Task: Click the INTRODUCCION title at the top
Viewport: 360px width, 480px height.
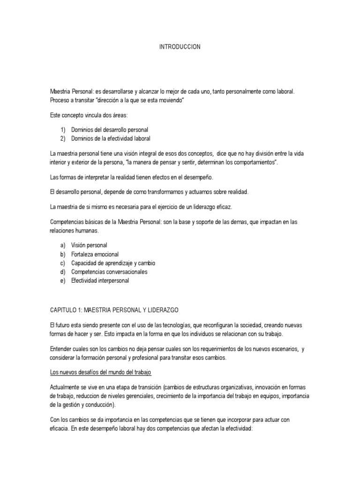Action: [180, 47]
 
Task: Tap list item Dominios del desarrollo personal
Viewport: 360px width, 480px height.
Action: [110, 129]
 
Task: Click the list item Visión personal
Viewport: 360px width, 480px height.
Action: [89, 245]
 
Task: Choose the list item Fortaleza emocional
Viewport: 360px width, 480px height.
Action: [95, 254]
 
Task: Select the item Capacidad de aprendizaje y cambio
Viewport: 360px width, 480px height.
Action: [113, 263]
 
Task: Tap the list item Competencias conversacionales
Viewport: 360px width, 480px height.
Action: [109, 272]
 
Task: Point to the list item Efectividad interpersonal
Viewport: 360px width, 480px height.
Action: [100, 281]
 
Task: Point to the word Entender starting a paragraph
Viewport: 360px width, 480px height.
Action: [61, 349]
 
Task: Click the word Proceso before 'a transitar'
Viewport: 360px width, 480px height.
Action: [60, 100]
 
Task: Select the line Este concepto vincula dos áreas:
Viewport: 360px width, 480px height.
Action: [82, 115]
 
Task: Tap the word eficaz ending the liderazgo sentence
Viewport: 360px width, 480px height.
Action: [225, 206]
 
